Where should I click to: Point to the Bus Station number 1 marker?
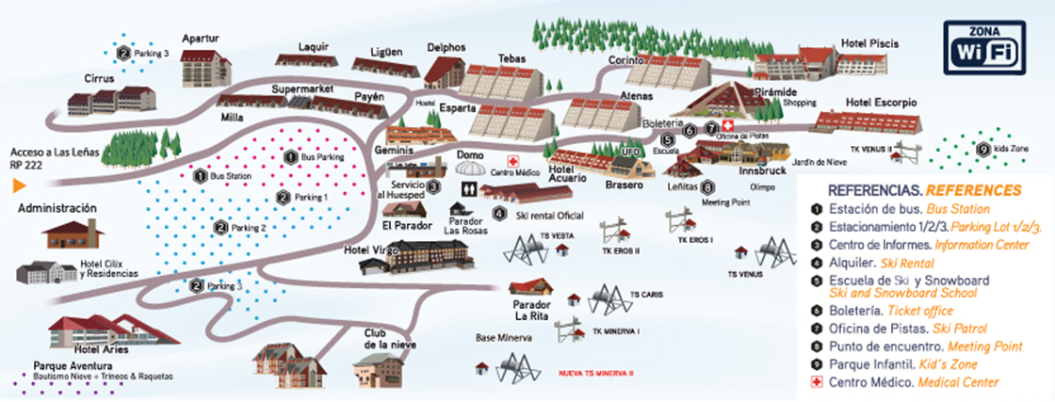[200, 175]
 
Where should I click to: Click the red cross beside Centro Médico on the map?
[512, 161]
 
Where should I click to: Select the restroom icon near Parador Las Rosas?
[468, 188]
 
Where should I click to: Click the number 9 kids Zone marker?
[982, 149]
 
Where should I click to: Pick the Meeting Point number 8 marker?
[707, 186]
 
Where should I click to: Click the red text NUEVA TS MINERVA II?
[595, 373]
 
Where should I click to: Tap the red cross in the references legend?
[817, 382]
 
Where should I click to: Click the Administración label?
[57, 208]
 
